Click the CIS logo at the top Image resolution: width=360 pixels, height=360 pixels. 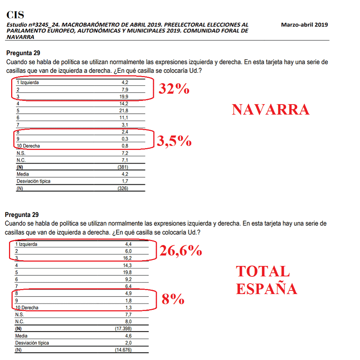(x=15, y=15)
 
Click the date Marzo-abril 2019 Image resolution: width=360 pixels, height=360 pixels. (x=305, y=25)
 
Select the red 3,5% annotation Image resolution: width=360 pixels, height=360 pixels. (x=173, y=141)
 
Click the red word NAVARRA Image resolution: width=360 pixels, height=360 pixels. (x=270, y=110)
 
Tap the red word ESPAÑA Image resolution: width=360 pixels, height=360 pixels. (x=267, y=289)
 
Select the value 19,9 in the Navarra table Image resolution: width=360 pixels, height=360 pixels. (x=125, y=96)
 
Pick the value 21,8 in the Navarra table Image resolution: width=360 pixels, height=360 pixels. (x=125, y=110)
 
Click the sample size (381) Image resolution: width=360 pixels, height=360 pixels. (x=123, y=167)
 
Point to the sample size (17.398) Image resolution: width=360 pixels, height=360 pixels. (x=123, y=329)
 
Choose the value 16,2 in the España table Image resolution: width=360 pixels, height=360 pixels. (x=128, y=258)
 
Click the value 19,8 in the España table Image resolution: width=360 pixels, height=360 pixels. (x=128, y=272)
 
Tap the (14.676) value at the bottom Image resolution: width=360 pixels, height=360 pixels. (x=123, y=350)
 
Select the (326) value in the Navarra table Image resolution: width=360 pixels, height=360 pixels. (x=123, y=188)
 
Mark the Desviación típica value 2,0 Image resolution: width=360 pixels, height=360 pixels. (x=128, y=343)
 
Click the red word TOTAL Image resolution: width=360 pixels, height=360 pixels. (x=263, y=271)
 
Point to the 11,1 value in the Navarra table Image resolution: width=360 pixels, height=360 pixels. (x=125, y=117)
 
